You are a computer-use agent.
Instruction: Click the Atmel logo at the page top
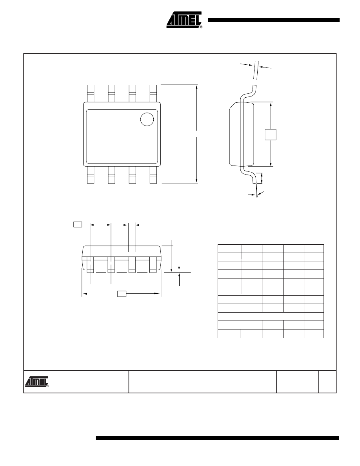(x=184, y=20)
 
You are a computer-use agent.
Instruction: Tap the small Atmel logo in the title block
(x=37, y=382)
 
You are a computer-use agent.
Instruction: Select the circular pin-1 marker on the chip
(x=147, y=119)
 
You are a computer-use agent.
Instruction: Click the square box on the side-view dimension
(x=271, y=134)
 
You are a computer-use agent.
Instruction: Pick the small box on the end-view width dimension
(x=122, y=294)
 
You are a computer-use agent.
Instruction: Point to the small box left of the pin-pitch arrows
(x=78, y=224)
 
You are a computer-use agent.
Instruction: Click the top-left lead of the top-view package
(x=91, y=94)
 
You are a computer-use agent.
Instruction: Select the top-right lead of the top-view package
(x=153, y=94)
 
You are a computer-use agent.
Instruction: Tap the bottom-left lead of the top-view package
(x=91, y=175)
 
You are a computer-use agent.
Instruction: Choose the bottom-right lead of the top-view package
(x=153, y=175)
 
